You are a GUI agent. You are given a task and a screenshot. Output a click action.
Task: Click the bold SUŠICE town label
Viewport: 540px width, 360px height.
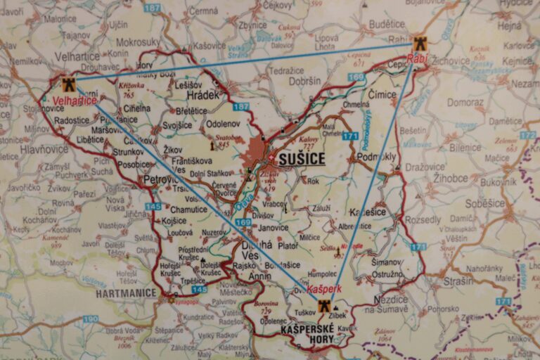tap(302, 159)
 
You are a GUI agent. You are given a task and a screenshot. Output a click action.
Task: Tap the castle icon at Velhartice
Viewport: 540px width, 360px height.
tap(68, 85)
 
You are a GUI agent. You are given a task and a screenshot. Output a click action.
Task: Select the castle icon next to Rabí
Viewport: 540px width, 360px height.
tap(420, 43)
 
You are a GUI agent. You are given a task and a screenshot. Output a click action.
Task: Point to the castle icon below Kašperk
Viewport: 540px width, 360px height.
tap(324, 306)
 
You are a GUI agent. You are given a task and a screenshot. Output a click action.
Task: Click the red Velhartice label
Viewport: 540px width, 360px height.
tap(75, 101)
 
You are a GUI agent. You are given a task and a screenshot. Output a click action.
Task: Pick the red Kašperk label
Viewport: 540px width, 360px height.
tap(324, 289)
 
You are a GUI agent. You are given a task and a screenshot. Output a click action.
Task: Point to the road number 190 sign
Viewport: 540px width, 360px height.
tap(91, 319)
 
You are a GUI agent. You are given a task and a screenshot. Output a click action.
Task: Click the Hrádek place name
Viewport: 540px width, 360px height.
tap(204, 94)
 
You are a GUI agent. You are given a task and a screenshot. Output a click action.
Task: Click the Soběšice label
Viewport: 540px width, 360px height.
tap(485, 203)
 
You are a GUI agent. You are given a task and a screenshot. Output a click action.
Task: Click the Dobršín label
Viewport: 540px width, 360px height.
tap(304, 82)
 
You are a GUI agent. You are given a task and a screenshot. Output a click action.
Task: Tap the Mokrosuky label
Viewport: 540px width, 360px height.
tap(138, 42)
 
